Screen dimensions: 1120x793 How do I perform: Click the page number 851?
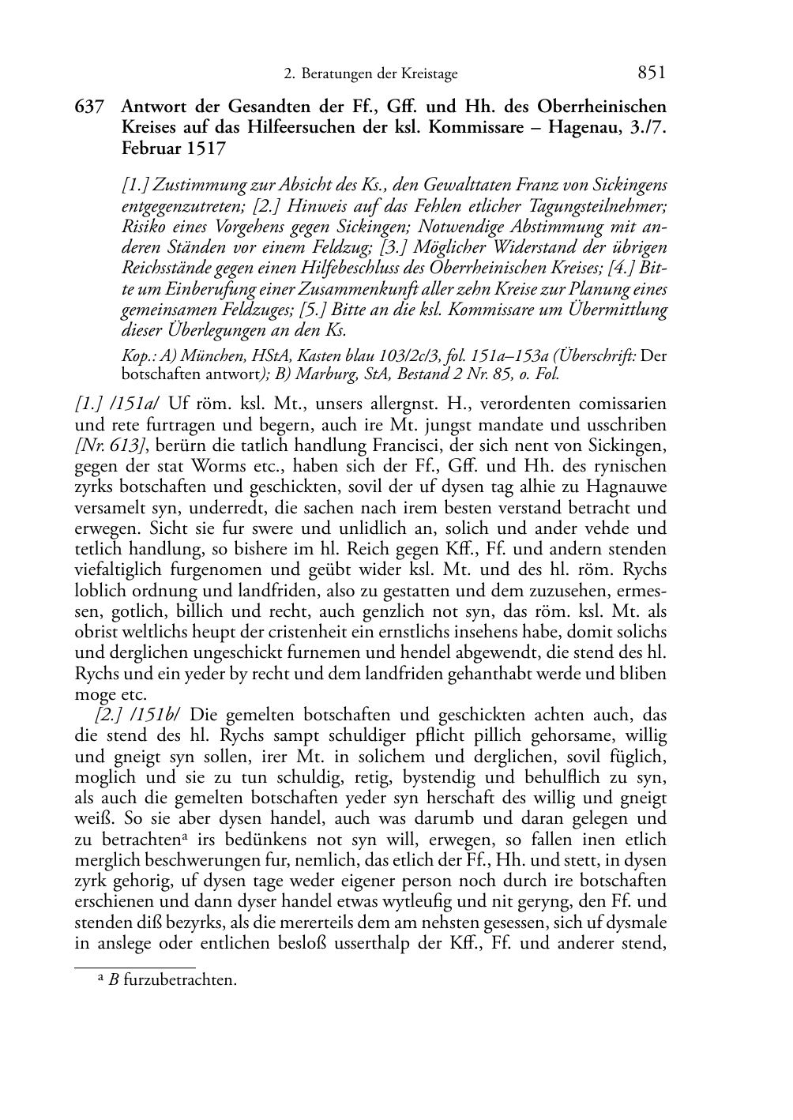[651, 73]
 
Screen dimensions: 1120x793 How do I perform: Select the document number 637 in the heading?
[88, 107]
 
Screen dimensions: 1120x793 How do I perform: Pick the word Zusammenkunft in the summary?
[412, 288]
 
